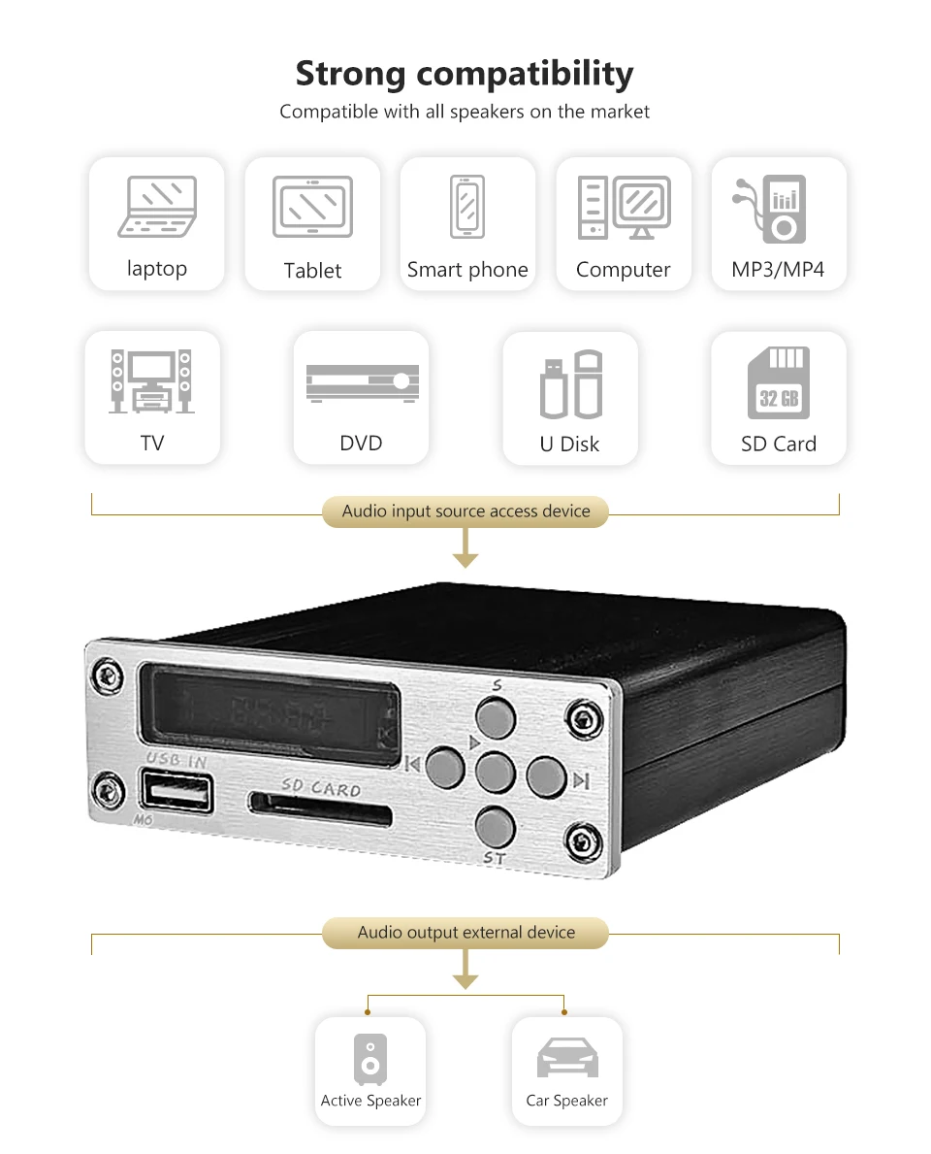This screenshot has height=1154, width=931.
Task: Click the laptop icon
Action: [157, 207]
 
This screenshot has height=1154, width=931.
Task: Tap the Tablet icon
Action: [312, 207]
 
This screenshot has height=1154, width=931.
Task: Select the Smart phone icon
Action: [466, 206]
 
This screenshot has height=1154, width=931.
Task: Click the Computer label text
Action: [623, 270]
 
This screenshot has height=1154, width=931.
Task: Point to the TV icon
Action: [151, 381]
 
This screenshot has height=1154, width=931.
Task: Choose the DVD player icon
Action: [362, 381]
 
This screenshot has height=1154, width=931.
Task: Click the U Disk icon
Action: [570, 384]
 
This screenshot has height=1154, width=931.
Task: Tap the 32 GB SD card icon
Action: [778, 382]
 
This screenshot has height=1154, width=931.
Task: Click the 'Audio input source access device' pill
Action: [465, 511]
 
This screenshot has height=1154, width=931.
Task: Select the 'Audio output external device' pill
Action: [465, 933]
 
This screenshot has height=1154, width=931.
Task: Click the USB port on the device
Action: [178, 792]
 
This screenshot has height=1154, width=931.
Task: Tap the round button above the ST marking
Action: [495, 825]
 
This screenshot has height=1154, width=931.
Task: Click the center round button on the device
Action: [496, 773]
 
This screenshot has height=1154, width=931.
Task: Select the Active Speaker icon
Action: [369, 1059]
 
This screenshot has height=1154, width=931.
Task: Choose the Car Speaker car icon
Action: [567, 1058]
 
